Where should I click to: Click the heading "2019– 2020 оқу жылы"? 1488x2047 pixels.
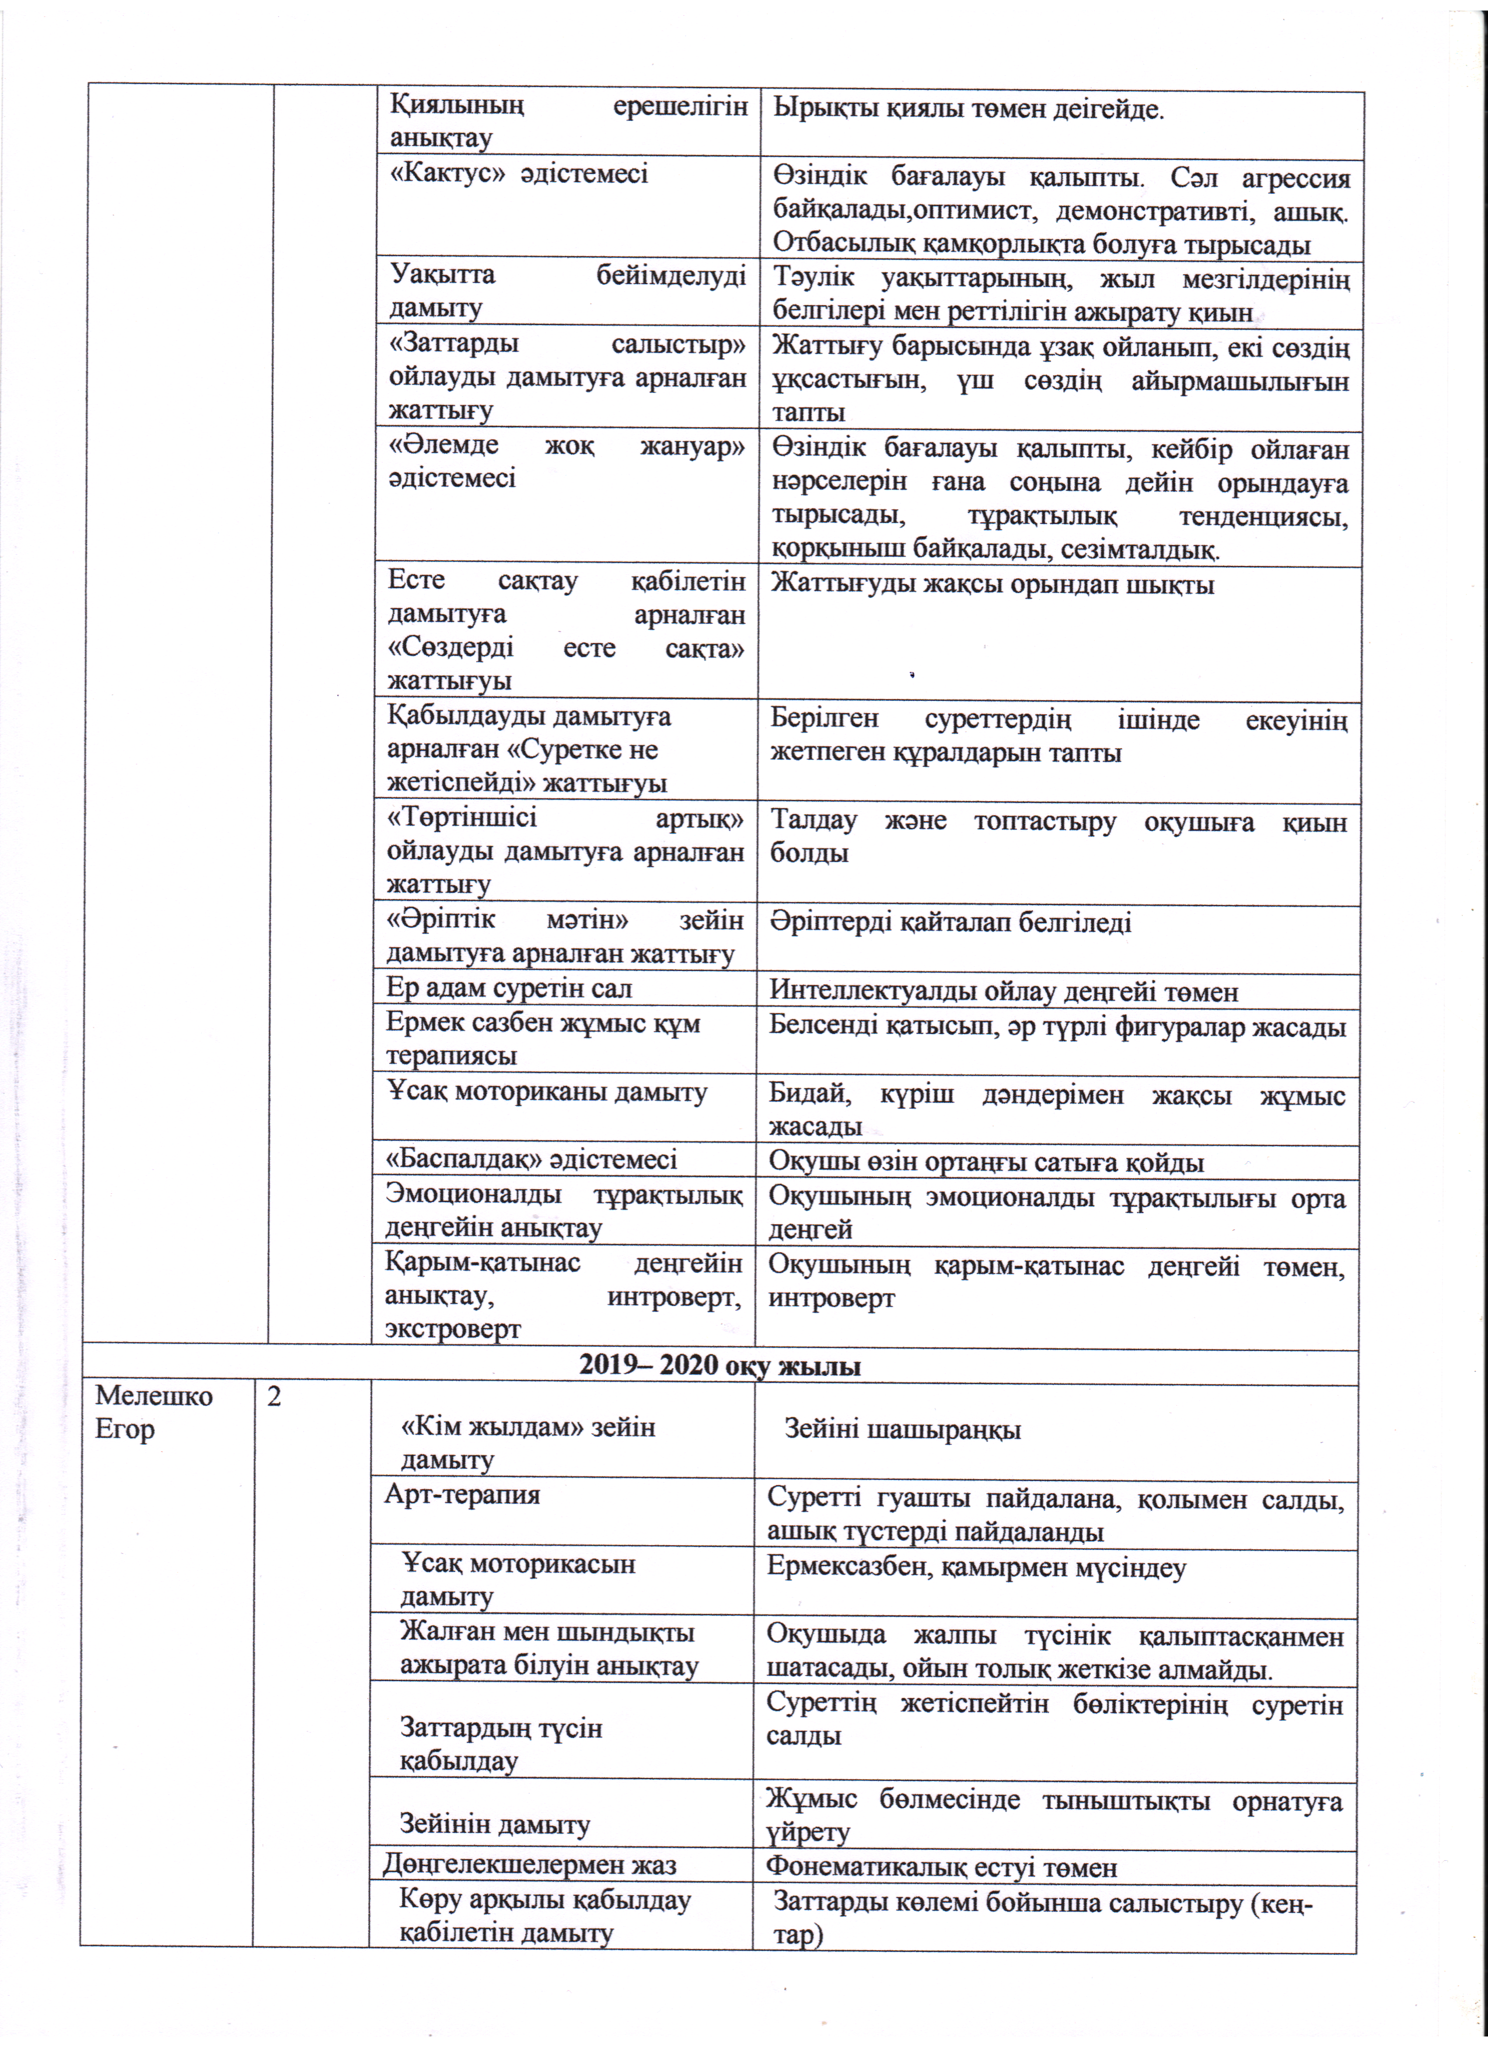(x=719, y=1365)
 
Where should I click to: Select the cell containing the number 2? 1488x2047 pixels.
(x=274, y=1397)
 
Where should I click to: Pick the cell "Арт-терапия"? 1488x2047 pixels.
(x=462, y=1494)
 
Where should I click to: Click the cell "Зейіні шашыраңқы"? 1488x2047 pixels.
(x=902, y=1428)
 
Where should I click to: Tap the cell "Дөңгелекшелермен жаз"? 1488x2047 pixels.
(x=529, y=1865)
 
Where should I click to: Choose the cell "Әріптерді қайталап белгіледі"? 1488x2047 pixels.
(x=950, y=923)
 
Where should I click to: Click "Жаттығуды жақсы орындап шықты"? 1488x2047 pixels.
(x=991, y=585)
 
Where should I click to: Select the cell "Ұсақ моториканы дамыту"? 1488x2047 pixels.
(x=547, y=1092)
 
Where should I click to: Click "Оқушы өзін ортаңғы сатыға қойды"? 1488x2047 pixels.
(x=986, y=1162)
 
